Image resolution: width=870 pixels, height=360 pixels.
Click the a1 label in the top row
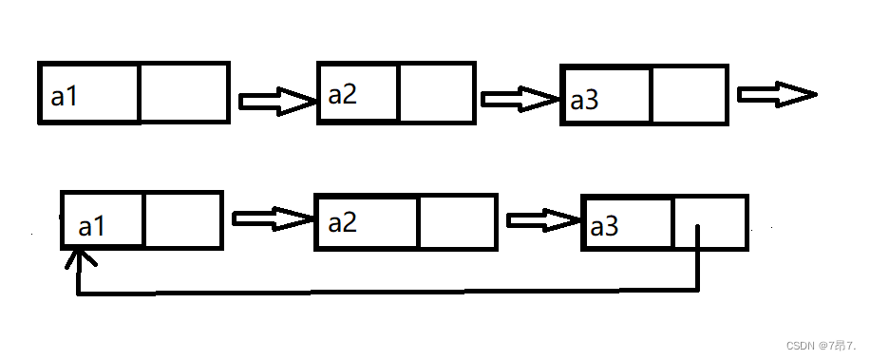[64, 97]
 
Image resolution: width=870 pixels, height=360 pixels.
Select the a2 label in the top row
[342, 95]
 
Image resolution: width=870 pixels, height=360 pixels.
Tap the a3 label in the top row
[584, 101]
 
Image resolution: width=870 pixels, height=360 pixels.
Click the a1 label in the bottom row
[91, 226]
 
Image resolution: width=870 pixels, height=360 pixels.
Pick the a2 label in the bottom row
[342, 223]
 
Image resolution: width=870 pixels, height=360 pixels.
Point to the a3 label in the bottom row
[604, 227]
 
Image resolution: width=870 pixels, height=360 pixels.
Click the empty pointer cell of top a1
[183, 93]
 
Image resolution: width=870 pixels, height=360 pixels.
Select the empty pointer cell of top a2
[436, 93]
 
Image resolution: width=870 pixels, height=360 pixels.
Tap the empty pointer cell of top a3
[689, 95]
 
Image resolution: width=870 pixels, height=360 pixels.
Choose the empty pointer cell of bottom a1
[182, 220]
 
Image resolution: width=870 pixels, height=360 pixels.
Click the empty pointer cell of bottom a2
[457, 222]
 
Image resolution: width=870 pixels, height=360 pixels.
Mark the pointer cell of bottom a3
[709, 222]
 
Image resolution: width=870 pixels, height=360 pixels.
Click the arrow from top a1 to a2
[277, 102]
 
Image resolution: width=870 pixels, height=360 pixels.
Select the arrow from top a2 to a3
[520, 100]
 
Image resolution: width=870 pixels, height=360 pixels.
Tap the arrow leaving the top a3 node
[777, 94]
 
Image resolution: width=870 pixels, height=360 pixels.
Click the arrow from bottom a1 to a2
[273, 218]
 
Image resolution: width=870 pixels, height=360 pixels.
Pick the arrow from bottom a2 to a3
[543, 220]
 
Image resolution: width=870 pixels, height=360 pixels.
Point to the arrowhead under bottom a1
[80, 258]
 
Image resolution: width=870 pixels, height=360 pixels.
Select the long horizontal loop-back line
[388, 292]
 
